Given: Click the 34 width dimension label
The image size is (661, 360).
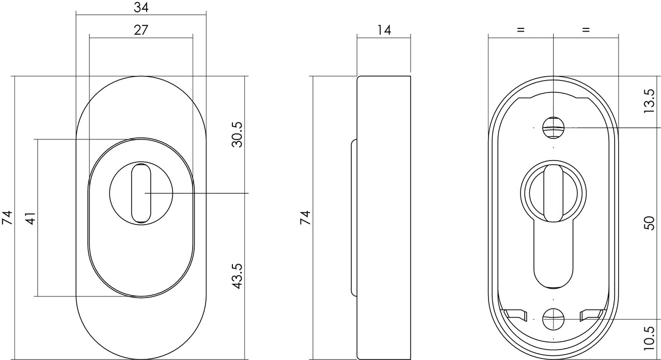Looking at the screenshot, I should click(x=140, y=7).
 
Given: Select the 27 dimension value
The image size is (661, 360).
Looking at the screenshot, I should click(x=140, y=30).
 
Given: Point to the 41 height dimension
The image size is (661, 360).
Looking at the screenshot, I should click(x=30, y=218).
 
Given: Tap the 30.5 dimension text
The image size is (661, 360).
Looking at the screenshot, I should click(x=237, y=135).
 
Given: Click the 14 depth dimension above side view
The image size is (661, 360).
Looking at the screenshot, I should click(x=383, y=30).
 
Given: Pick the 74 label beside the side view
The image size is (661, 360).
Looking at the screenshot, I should click(x=306, y=217).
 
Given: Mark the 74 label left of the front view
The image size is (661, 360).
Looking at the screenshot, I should click(x=7, y=217).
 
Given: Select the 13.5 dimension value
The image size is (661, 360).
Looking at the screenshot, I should click(x=650, y=101).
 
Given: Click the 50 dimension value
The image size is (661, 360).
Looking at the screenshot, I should click(x=650, y=223).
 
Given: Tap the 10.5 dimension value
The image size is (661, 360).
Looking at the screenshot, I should click(x=650, y=338).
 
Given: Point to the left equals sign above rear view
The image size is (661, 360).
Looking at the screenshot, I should click(x=520, y=30).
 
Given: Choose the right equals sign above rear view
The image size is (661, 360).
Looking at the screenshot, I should click(x=585, y=30).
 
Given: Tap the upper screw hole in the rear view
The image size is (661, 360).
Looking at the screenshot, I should click(x=553, y=127).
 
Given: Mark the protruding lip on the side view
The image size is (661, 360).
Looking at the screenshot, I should click(x=354, y=217).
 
